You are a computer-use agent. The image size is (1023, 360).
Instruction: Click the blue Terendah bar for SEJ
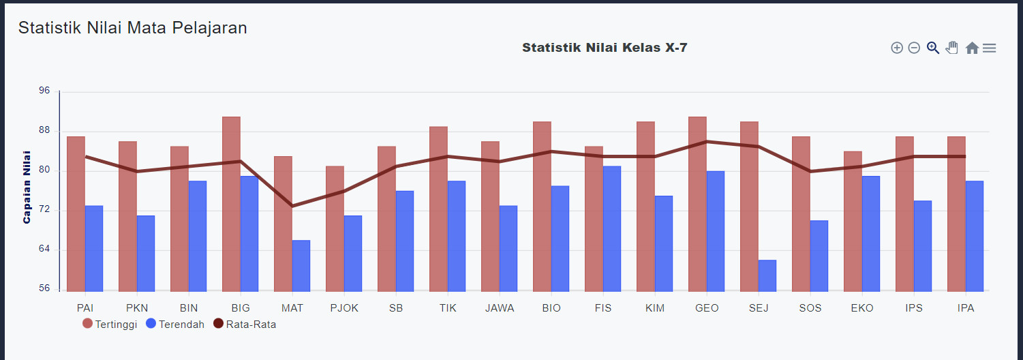pyautogui.click(x=767, y=275)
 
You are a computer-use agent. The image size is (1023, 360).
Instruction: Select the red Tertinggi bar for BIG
pyautogui.click(x=231, y=205)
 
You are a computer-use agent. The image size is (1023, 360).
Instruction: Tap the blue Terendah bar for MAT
pyautogui.click(x=301, y=266)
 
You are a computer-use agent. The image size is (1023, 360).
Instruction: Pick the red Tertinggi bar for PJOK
pyautogui.click(x=335, y=228)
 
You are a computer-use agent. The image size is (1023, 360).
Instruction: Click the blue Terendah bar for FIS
pyautogui.click(x=612, y=228)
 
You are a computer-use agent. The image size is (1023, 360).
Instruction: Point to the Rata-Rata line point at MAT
pyautogui.click(x=292, y=206)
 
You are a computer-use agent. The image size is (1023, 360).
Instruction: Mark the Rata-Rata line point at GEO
pyautogui.click(x=707, y=142)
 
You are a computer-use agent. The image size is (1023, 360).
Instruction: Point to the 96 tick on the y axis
pyautogui.click(x=44, y=91)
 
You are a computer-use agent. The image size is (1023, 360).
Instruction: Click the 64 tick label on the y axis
pyautogui.click(x=44, y=250)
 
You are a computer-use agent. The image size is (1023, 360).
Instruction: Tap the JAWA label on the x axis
pyautogui.click(x=500, y=308)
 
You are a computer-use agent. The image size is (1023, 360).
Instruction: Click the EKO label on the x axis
pyautogui.click(x=862, y=308)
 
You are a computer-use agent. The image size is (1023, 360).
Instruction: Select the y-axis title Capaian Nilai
pyautogui.click(x=27, y=187)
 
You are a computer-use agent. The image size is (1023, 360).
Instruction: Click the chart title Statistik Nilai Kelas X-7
pyautogui.click(x=605, y=48)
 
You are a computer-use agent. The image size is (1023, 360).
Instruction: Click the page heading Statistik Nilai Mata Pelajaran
pyautogui.click(x=132, y=28)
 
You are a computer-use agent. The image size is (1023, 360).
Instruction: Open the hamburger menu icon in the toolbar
pyautogui.click(x=990, y=48)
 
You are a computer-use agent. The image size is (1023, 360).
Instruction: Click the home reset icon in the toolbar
pyautogui.click(x=972, y=48)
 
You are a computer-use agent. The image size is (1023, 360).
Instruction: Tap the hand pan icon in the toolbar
pyautogui.click(x=952, y=48)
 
